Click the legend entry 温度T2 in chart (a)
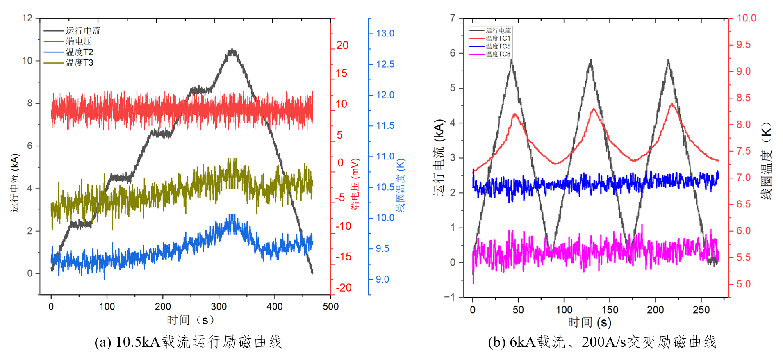pyautogui.click(x=79, y=52)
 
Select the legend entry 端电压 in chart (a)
pyautogui.click(x=79, y=41)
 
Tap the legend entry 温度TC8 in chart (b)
pyautogui.click(x=498, y=54)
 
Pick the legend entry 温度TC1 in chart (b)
pyautogui.click(x=498, y=39)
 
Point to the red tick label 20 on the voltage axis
pyautogui.click(x=342, y=46)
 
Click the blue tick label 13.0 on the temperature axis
pyautogui.click(x=385, y=34)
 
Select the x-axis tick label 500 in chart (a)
pyautogui.click(x=330, y=306)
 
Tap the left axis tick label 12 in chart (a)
pyautogui.click(x=27, y=18)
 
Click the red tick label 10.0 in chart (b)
pyautogui.click(x=746, y=18)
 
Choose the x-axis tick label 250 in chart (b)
pyautogui.click(x=701, y=310)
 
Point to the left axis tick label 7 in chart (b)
pyautogui.click(x=453, y=18)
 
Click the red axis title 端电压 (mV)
pyautogui.click(x=355, y=185)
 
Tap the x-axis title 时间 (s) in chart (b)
pyautogui.click(x=589, y=323)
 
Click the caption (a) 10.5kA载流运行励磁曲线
pyautogui.click(x=188, y=342)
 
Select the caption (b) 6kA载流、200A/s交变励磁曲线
pyautogui.click(x=602, y=342)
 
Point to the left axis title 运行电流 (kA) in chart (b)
pyautogui.click(x=439, y=157)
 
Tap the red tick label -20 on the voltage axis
pyautogui.click(x=344, y=288)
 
